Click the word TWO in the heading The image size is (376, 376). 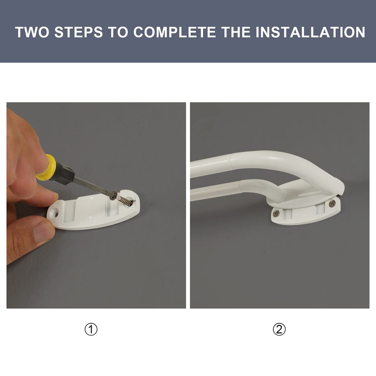point(32,32)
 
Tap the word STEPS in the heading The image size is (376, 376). point(78,32)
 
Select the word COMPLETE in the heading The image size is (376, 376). point(175,32)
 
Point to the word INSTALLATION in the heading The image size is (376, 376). point(311,32)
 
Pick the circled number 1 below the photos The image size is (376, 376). point(91,329)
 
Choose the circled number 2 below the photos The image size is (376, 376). point(279,329)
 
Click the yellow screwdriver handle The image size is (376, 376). point(46,167)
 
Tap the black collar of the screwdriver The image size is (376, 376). point(65,174)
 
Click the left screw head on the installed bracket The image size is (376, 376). point(276,214)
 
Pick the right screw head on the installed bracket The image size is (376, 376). point(332,204)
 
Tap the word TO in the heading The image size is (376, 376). point(118,32)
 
